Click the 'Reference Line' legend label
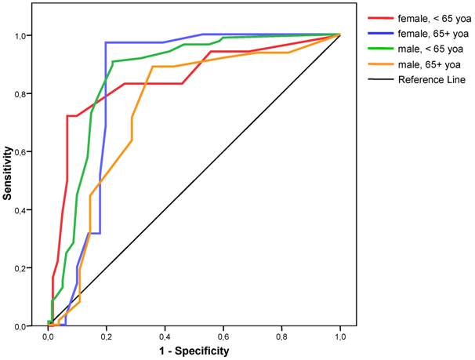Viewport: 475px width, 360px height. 429,79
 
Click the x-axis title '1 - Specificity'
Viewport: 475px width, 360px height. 194,351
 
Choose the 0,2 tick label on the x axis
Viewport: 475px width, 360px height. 107,336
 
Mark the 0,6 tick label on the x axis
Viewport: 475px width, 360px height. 223,336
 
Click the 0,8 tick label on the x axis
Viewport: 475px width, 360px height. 281,336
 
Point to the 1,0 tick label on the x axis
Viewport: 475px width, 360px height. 340,336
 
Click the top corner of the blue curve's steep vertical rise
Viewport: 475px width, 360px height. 106,42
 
